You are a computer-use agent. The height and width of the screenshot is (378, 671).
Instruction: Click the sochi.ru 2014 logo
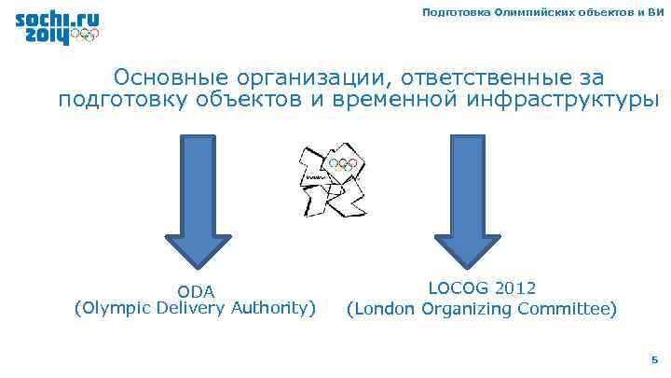coord(57,29)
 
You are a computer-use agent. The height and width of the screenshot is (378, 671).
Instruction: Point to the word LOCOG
coord(456,288)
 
